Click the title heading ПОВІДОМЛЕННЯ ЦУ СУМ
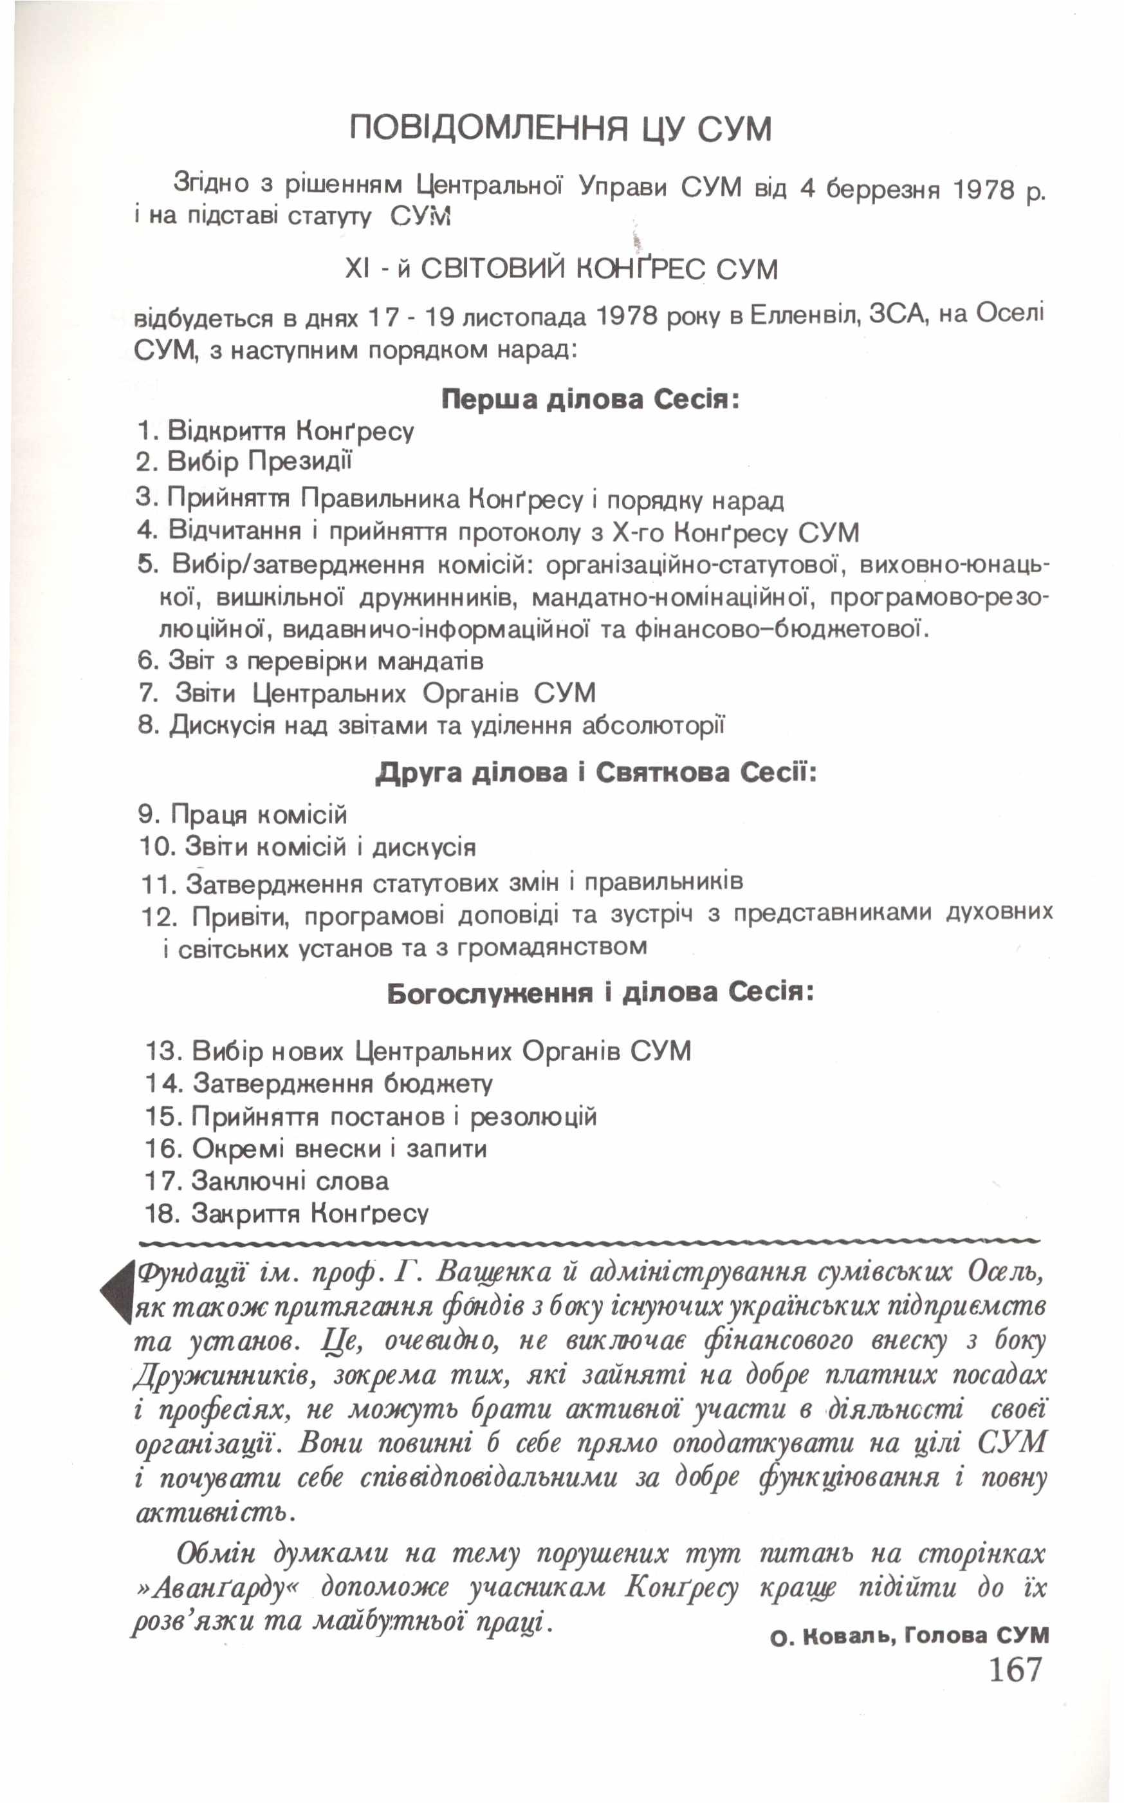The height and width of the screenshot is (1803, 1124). point(560,129)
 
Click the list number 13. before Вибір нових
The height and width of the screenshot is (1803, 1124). point(163,1051)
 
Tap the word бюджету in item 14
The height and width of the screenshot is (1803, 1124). point(438,1083)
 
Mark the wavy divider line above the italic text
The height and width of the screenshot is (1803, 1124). point(587,1241)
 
